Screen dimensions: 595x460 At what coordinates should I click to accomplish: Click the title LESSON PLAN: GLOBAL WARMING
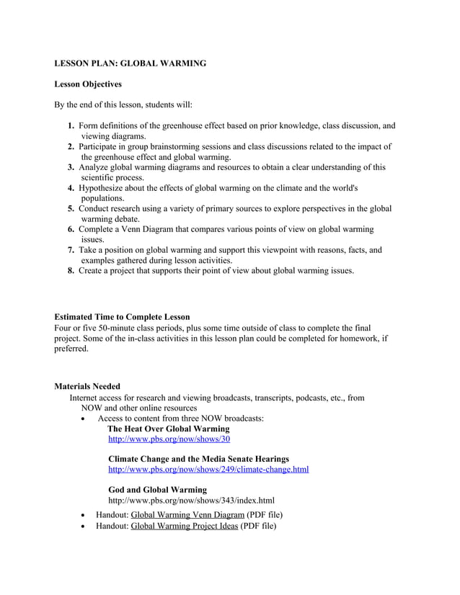[131, 63]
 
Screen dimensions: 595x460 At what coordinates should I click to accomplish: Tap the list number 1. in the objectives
[71, 126]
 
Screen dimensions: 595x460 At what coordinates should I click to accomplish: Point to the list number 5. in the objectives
[71, 209]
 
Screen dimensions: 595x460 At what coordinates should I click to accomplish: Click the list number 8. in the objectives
[71, 271]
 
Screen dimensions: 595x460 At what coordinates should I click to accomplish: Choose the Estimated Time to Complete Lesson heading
[123, 317]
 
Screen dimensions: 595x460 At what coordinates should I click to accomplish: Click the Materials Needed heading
[87, 386]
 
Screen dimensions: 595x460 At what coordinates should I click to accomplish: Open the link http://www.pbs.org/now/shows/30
[169, 439]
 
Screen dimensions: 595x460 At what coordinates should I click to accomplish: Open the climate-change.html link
[208, 470]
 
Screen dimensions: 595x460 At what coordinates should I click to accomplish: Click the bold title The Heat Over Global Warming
[169, 429]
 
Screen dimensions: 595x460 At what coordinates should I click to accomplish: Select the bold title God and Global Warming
[157, 490]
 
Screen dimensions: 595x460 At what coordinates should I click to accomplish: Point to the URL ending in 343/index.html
[191, 500]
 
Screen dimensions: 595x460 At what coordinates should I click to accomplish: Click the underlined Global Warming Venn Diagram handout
[187, 515]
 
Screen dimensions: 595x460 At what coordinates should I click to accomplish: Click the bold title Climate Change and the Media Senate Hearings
[198, 459]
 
